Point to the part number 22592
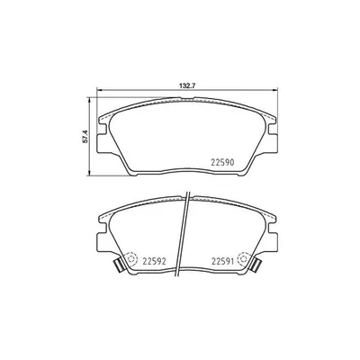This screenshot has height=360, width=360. (x=157, y=263)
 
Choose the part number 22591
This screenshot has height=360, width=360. (x=225, y=263)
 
